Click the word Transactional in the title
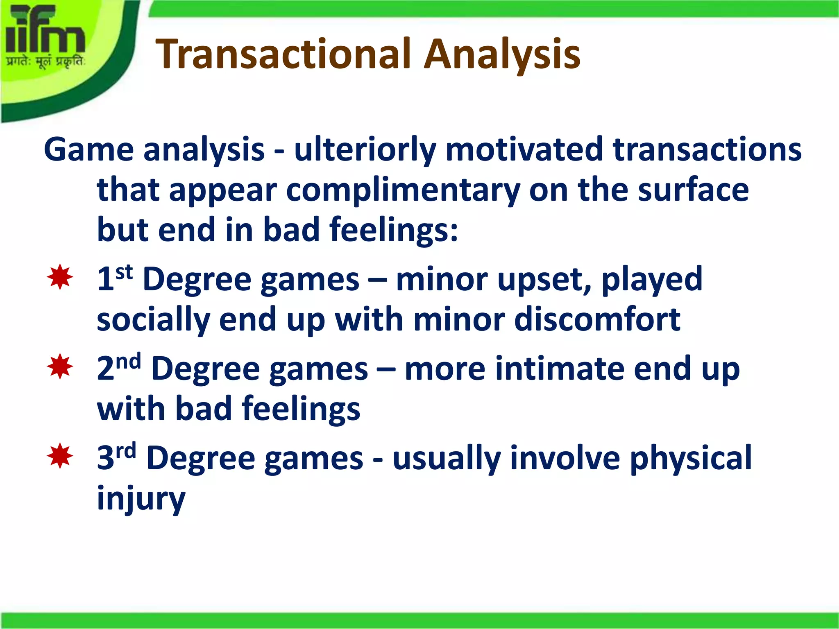click(283, 54)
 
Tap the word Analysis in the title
click(502, 54)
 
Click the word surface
click(693, 190)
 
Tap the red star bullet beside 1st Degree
click(60, 278)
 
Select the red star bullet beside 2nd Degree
click(60, 367)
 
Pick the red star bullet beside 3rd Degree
click(60, 455)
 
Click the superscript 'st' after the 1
click(124, 272)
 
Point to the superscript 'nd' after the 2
click(128, 361)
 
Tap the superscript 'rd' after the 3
click(125, 450)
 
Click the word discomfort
click(597, 319)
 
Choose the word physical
click(691, 458)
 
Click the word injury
click(141, 498)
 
